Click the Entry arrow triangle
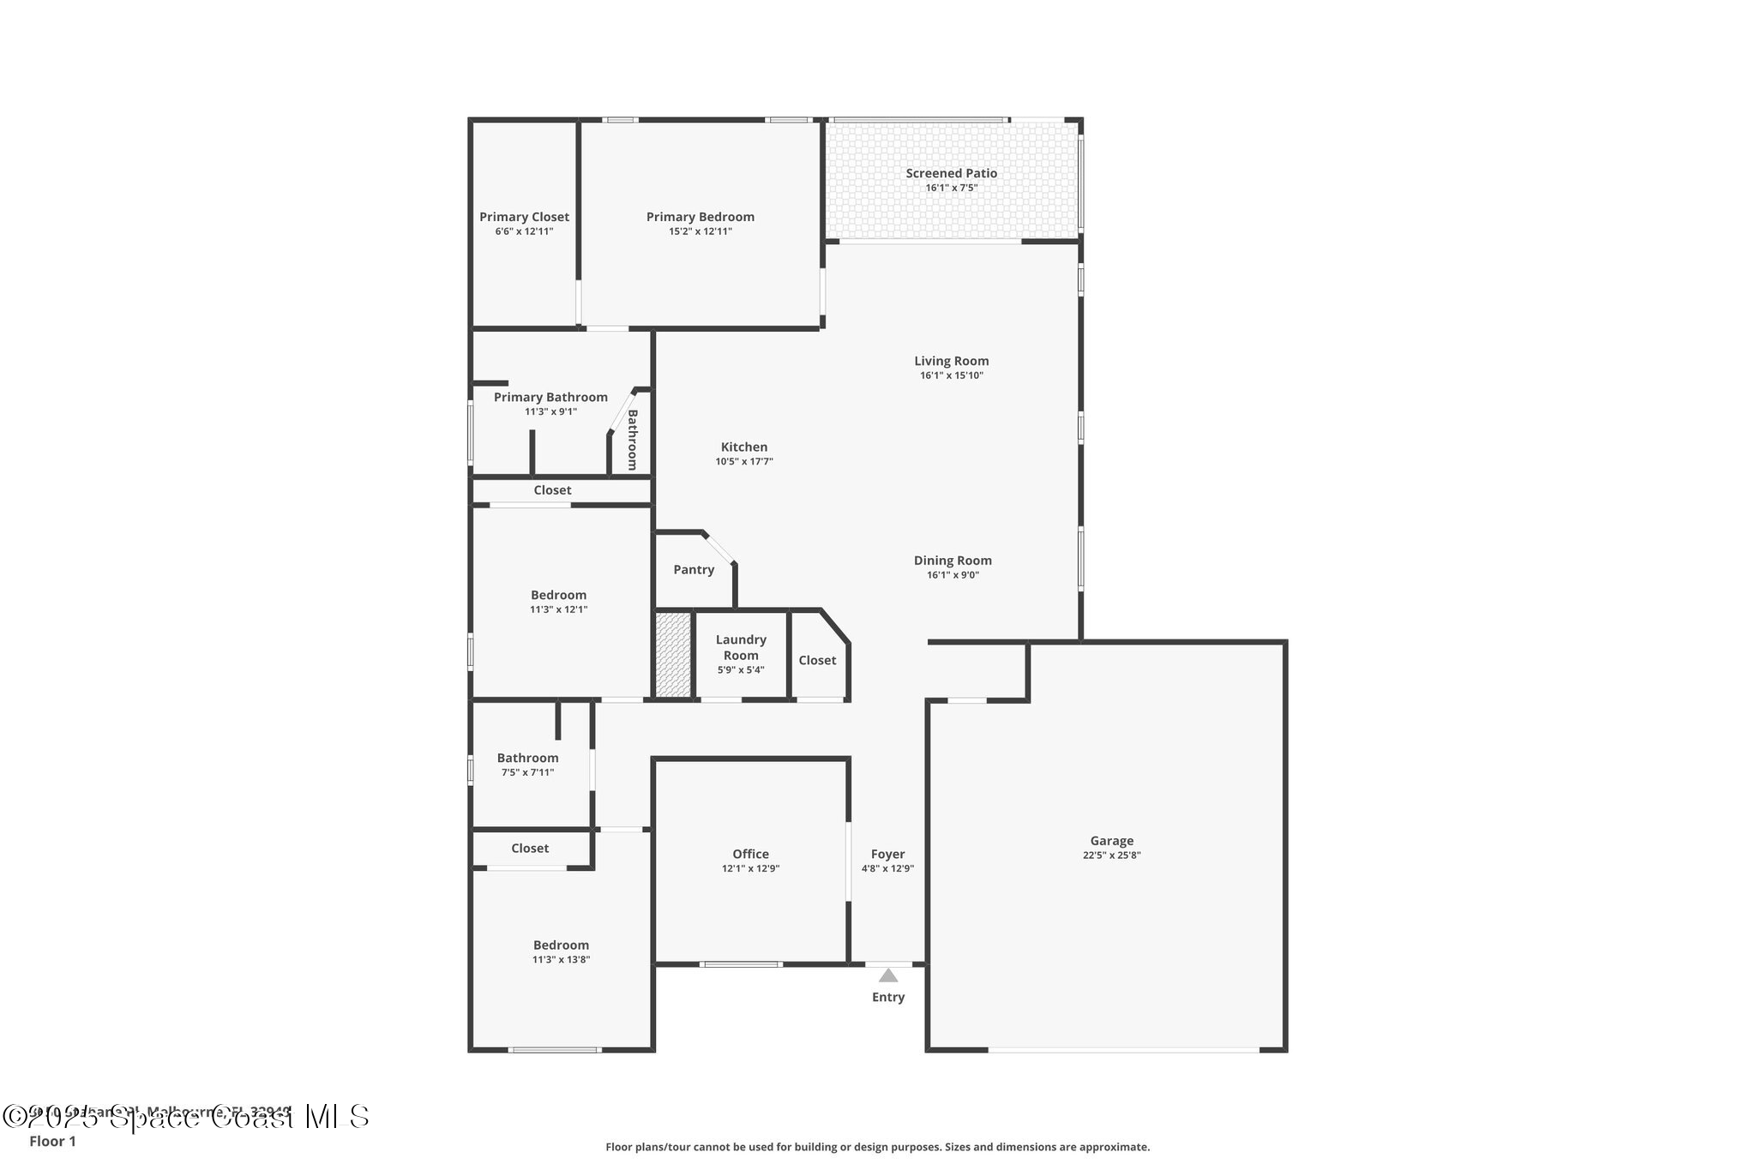click(888, 975)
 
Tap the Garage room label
click(1111, 841)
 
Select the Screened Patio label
click(951, 173)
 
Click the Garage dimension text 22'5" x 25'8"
click(1111, 855)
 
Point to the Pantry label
click(694, 570)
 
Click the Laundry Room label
click(741, 647)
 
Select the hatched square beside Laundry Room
click(673, 655)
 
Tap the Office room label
click(750, 854)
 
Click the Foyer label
click(887, 854)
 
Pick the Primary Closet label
click(524, 217)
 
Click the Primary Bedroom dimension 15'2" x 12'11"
click(701, 231)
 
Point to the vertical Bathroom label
click(633, 440)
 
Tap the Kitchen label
click(744, 447)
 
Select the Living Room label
click(951, 361)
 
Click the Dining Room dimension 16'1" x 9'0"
click(953, 575)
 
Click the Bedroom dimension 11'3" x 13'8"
click(561, 960)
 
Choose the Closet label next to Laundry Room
click(817, 660)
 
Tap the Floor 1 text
click(52, 1141)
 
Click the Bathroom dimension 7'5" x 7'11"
click(527, 772)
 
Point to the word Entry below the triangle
click(888, 997)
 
